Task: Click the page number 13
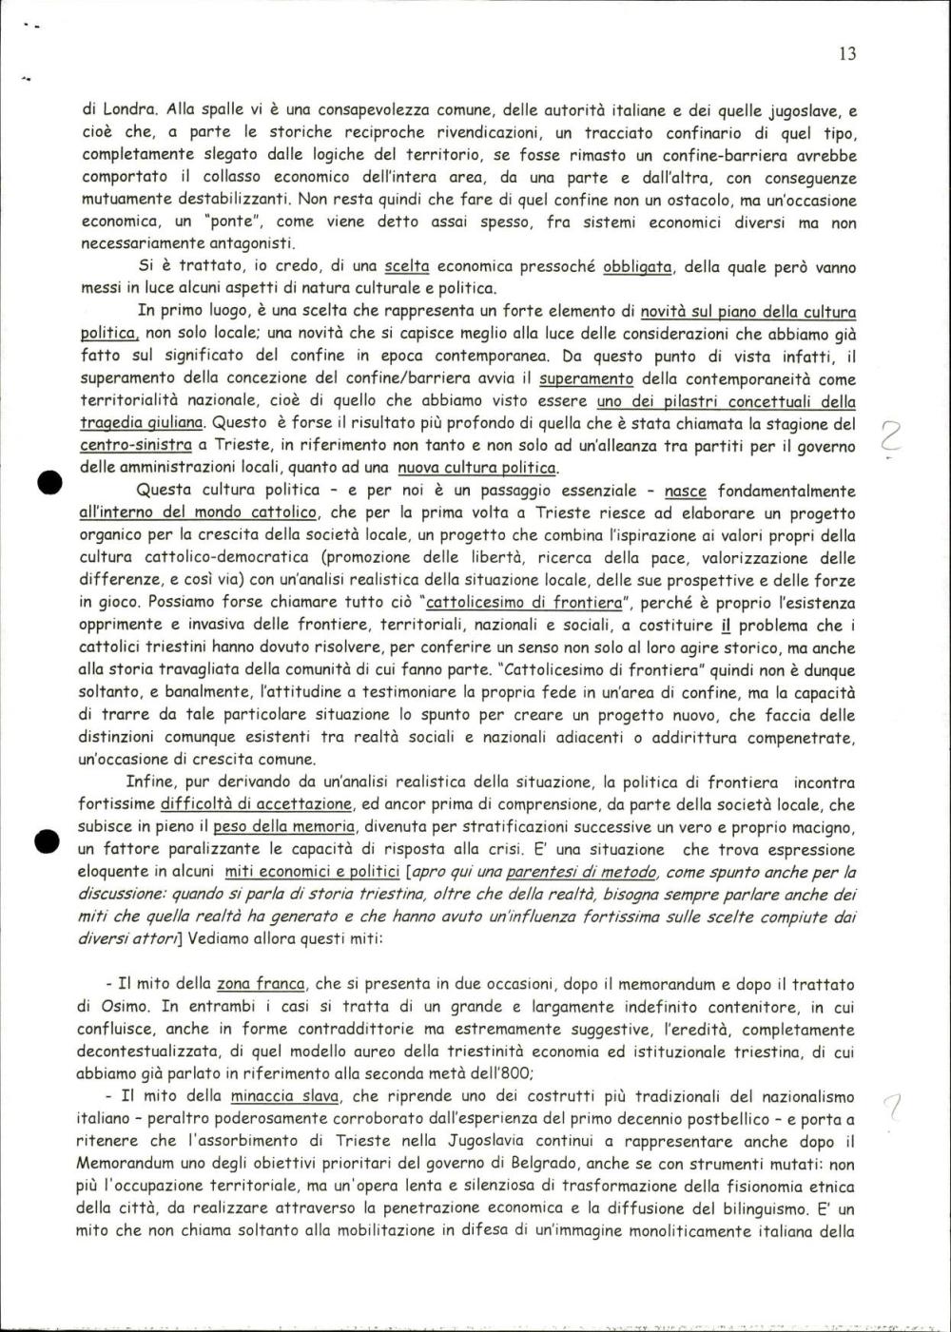[x=847, y=54]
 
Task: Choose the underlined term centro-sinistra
[x=130, y=445]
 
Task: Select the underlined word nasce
[x=686, y=491]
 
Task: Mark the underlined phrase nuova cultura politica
[x=477, y=468]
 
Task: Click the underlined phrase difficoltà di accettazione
[x=256, y=804]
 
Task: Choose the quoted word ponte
[x=220, y=222]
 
